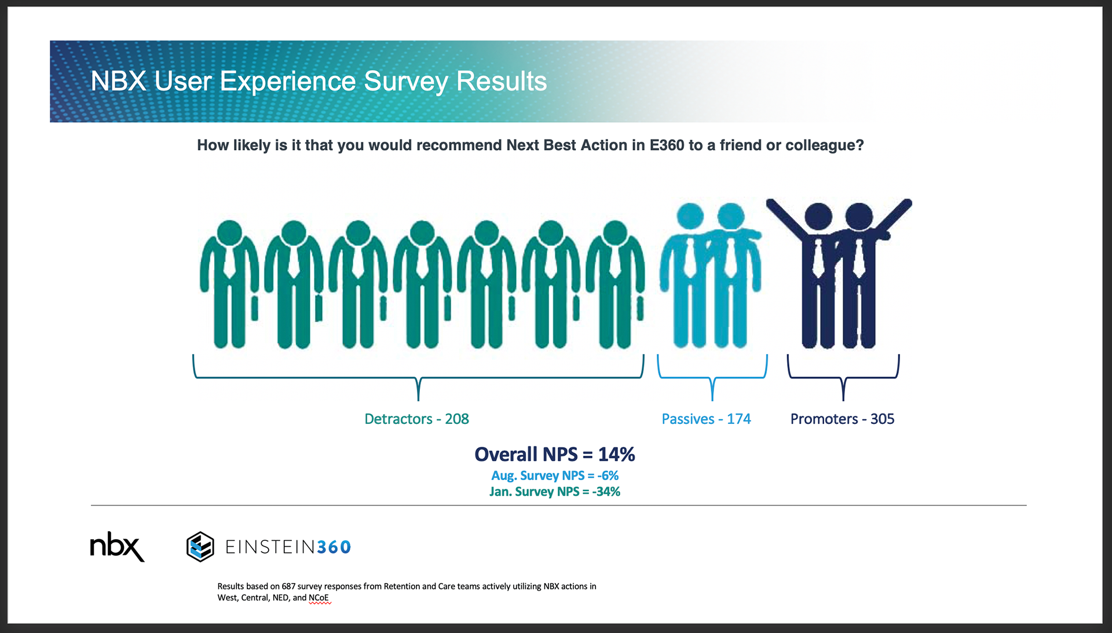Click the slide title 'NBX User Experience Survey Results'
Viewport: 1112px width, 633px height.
click(x=319, y=81)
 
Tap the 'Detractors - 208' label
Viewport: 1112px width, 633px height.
click(x=416, y=419)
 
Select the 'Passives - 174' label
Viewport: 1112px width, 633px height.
click(x=706, y=419)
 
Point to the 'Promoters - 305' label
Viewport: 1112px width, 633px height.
click(x=842, y=419)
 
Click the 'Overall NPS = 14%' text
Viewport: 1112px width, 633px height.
click(x=554, y=454)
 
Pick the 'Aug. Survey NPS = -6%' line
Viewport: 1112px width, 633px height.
click(x=554, y=475)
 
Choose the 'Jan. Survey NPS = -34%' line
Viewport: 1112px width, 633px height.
click(x=554, y=492)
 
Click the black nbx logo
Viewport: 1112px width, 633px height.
click(x=116, y=547)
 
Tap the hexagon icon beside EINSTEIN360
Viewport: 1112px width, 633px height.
click(x=200, y=547)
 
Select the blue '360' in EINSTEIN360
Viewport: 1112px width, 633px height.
click(x=334, y=547)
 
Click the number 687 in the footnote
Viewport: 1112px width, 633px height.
click(x=288, y=586)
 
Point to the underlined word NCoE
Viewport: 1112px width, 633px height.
click(x=319, y=598)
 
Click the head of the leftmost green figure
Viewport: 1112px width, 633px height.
click(x=230, y=233)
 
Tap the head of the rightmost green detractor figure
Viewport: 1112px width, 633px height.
click(x=614, y=233)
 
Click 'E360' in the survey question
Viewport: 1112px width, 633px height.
click(x=667, y=145)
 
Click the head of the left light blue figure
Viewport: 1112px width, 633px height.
click(x=690, y=216)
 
